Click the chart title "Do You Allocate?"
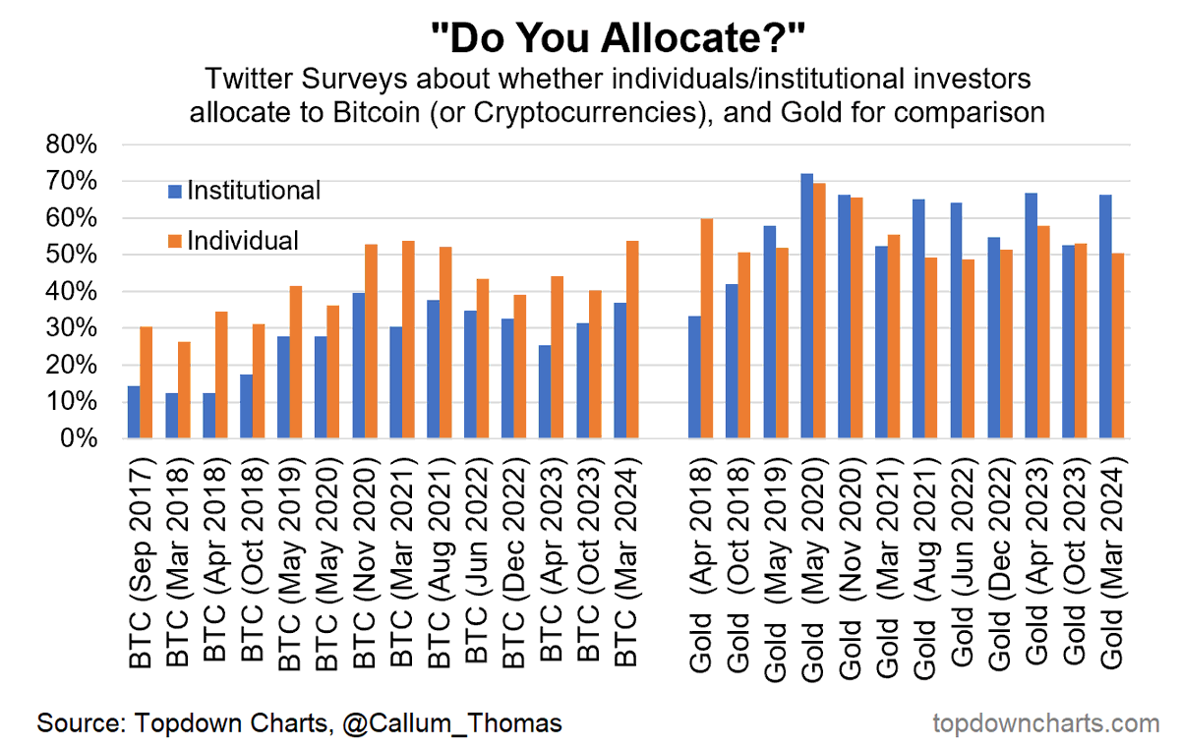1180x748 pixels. (619, 39)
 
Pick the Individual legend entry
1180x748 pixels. (242, 240)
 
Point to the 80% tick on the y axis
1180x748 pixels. (72, 144)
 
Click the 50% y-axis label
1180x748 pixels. (72, 255)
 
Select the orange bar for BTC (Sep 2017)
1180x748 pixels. (147, 382)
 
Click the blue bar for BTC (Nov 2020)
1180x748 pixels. (359, 366)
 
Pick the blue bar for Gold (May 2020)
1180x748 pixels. (806, 306)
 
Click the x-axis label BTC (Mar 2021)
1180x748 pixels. (402, 560)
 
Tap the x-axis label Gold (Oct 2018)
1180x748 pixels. (738, 560)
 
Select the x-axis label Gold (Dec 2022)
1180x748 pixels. (1000, 560)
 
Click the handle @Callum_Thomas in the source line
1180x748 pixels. (452, 723)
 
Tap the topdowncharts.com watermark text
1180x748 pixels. (1045, 723)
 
